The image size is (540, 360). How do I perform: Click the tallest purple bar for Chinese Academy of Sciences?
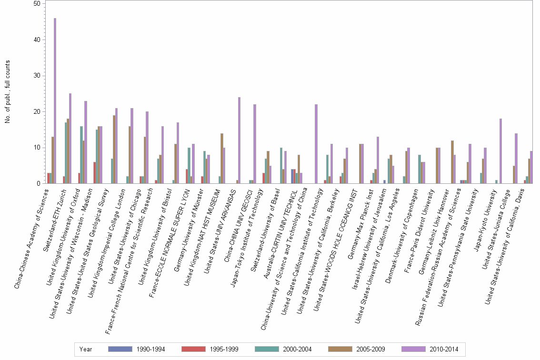55,101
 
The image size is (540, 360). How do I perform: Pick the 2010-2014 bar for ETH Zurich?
70,139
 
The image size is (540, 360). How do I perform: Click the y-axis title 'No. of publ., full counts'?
8,92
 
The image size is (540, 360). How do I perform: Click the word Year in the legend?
86,350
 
